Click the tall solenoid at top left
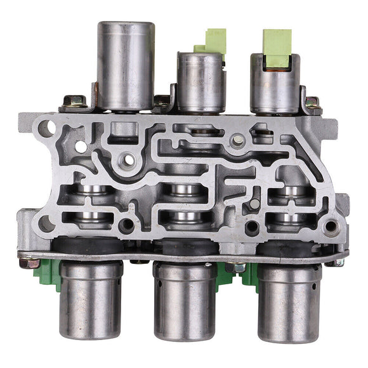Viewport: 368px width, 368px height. click(125, 63)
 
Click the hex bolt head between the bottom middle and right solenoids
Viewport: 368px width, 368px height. click(235, 267)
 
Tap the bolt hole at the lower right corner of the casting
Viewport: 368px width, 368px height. click(329, 226)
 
